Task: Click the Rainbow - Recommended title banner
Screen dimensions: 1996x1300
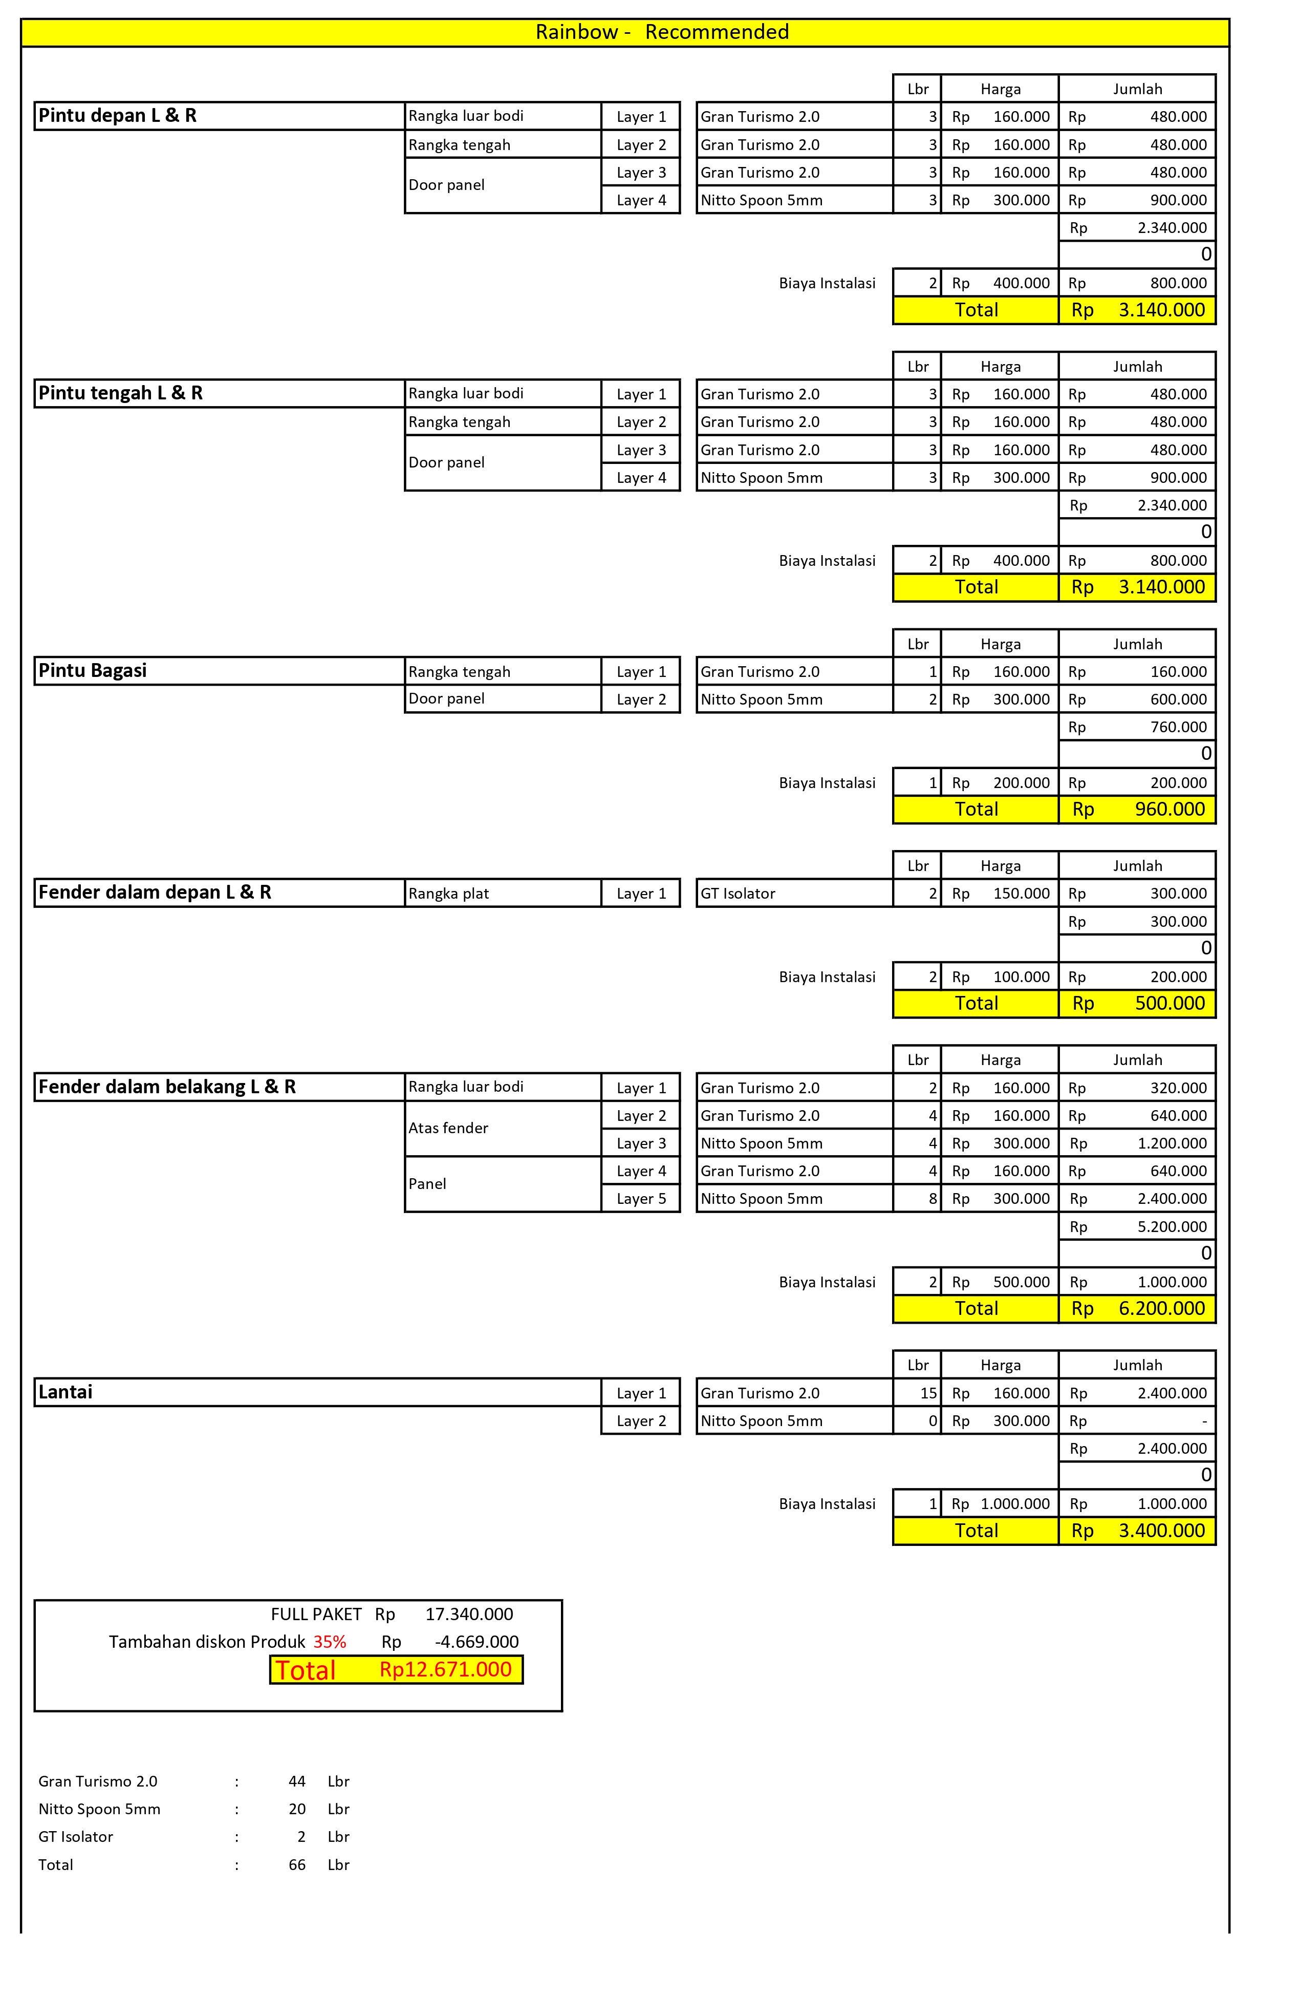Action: tap(662, 32)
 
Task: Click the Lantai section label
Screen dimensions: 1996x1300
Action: tap(66, 1392)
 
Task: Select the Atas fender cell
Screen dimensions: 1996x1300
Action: tap(448, 1128)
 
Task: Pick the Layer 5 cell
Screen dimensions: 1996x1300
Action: tap(641, 1198)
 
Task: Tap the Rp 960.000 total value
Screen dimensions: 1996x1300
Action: tap(1169, 809)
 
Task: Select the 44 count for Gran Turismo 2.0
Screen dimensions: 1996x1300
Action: tap(297, 1781)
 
